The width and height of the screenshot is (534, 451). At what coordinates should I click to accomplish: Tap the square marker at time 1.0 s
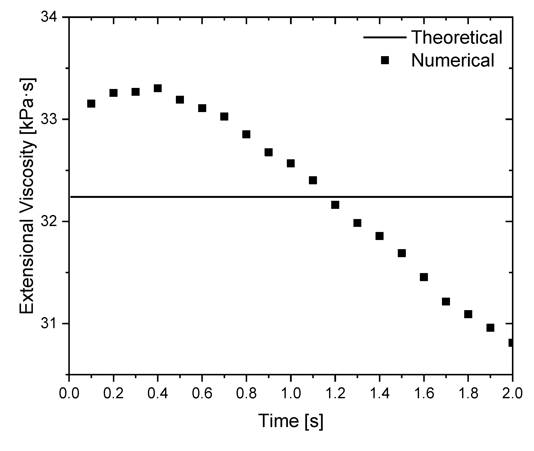(291, 163)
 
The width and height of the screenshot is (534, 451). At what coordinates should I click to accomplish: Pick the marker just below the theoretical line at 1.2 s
(335, 205)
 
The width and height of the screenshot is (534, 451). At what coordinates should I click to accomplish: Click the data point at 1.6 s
(424, 277)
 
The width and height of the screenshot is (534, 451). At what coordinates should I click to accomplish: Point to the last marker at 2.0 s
(511, 343)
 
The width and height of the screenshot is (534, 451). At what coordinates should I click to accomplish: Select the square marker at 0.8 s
(246, 134)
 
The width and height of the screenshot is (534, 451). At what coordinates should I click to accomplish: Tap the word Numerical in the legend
(453, 61)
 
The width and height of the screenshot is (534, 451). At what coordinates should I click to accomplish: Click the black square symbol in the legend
(385, 60)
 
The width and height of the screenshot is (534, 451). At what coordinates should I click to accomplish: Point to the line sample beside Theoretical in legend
(385, 37)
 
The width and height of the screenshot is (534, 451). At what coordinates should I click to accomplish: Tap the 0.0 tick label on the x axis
(69, 393)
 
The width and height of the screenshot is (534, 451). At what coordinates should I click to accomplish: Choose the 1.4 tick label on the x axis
(379, 393)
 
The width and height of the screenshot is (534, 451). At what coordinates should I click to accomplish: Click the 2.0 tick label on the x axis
(512, 393)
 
